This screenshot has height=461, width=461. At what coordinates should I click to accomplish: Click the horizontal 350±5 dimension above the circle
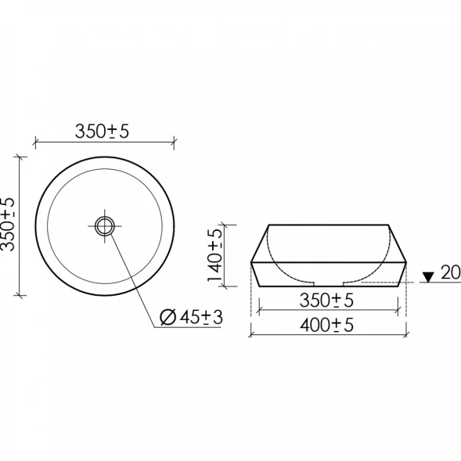pos(102,131)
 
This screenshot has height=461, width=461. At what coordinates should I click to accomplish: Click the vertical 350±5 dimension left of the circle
pos(8,225)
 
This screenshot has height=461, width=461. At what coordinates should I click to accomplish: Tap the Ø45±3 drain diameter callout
pos(192,317)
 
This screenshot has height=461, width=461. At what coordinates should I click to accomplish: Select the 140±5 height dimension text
pos(214,255)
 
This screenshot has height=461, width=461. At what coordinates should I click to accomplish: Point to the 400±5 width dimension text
pos(326,325)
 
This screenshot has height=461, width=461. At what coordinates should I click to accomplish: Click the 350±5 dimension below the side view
pos(326,301)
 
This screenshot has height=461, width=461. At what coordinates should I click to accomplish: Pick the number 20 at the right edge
pos(451,272)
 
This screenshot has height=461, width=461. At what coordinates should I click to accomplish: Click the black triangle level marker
pos(428,277)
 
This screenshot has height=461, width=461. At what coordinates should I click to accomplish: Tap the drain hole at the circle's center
pos(104,226)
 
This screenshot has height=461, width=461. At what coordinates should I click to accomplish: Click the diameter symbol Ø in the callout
pos(167,318)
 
